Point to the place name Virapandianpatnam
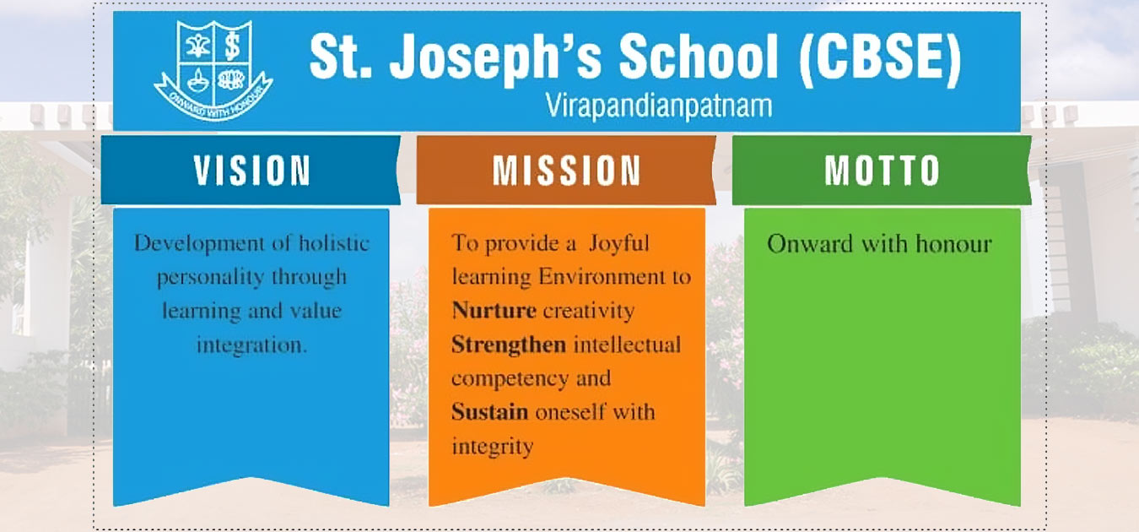(659, 106)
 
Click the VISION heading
(252, 170)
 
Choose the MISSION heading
(567, 170)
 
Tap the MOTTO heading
(882, 170)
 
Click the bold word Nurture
(494, 311)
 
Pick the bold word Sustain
(489, 412)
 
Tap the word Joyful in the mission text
(620, 244)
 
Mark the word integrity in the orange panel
(492, 446)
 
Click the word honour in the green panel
(947, 244)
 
